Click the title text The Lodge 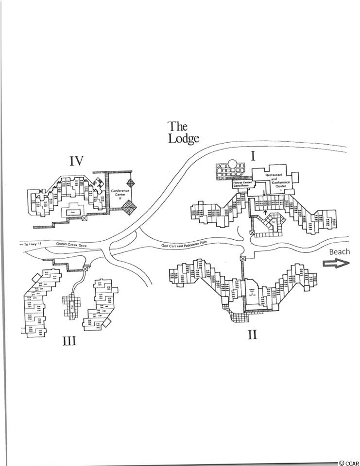pos(183,133)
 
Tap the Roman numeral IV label pos(77,161)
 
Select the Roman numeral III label pos(69,341)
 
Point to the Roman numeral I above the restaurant pos(253,156)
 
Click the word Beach pos(339,251)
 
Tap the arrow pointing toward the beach pos(337,263)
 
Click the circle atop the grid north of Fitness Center pos(232,164)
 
